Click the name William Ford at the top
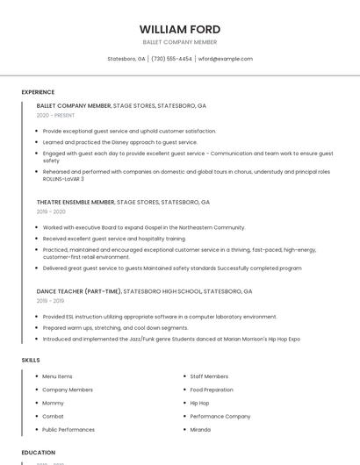coord(180,29)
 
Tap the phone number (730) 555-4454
coord(171,59)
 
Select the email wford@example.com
coord(226,59)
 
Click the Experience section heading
coord(38,92)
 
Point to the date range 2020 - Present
coord(55,115)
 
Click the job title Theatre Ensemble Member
coord(76,202)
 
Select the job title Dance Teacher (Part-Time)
coord(79,291)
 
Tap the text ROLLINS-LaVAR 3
coord(63,178)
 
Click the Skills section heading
coord(31,360)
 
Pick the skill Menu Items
coord(57,376)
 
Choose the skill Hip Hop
coord(199,403)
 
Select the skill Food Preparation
coord(212,390)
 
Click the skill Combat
coord(53,416)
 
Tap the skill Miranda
coord(200,430)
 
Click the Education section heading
coord(39,453)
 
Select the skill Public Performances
coord(68,430)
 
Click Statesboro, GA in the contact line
coord(126,59)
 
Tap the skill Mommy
coord(54,403)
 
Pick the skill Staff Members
coord(209,376)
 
